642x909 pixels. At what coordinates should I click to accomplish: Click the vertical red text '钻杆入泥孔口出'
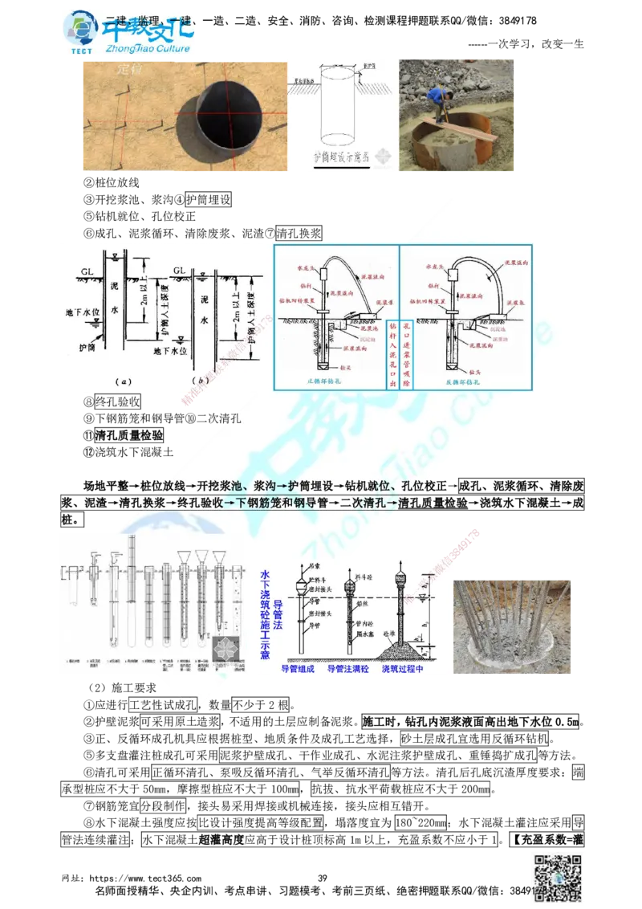[392, 353]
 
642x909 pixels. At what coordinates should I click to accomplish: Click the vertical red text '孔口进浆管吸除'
[407, 353]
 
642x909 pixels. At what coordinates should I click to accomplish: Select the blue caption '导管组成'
[299, 668]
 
